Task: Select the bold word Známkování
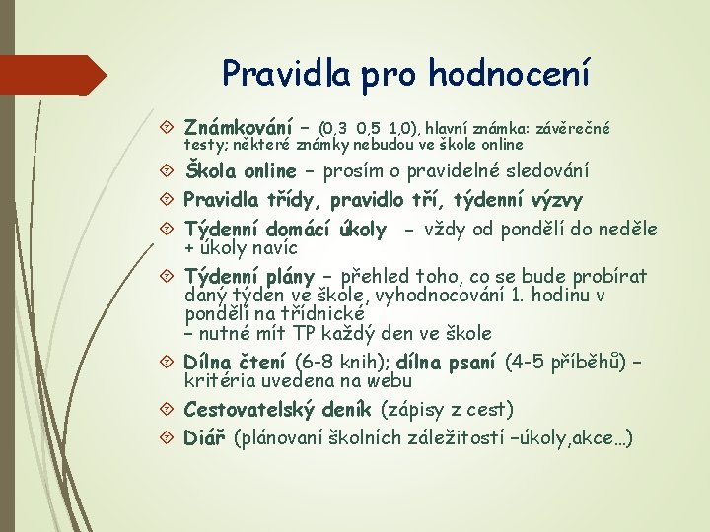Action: pyautogui.click(x=239, y=127)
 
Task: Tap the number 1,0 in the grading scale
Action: pyautogui.click(x=402, y=127)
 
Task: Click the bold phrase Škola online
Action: pyautogui.click(x=241, y=171)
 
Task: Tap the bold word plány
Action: pyautogui.click(x=287, y=276)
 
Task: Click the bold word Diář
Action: pyautogui.click(x=207, y=436)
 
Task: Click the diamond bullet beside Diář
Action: pyautogui.click(x=167, y=436)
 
